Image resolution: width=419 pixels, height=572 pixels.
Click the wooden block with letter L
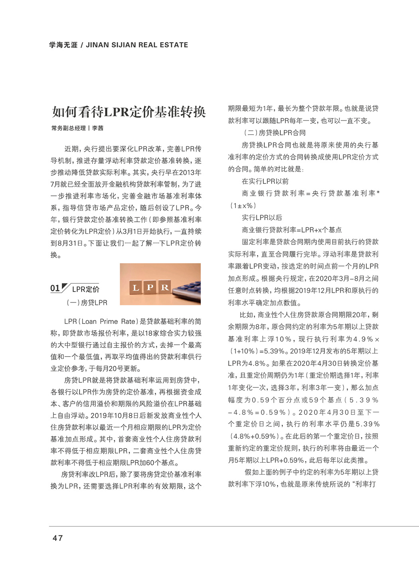[x=136, y=287]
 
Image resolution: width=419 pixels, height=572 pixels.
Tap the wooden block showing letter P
[x=150, y=287]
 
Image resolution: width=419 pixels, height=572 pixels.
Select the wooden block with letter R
[x=164, y=287]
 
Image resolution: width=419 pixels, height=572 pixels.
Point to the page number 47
[x=57, y=538]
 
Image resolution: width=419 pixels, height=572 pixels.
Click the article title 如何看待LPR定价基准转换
[x=128, y=112]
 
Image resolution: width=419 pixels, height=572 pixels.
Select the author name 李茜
[x=98, y=128]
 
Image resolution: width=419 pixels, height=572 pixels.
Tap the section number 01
[x=55, y=288]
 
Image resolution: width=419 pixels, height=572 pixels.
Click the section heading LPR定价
[x=86, y=289]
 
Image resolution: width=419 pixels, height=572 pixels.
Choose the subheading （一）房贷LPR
[x=87, y=302]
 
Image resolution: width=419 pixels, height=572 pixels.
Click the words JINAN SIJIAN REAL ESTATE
[x=137, y=45]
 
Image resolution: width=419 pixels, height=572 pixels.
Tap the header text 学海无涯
[x=63, y=45]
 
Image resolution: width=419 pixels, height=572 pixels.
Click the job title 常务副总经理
[x=69, y=128]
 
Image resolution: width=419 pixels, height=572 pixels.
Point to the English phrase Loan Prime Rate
[x=109, y=322]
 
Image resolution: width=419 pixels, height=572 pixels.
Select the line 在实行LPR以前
[x=265, y=181]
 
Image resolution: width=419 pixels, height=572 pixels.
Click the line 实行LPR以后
[x=262, y=217]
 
